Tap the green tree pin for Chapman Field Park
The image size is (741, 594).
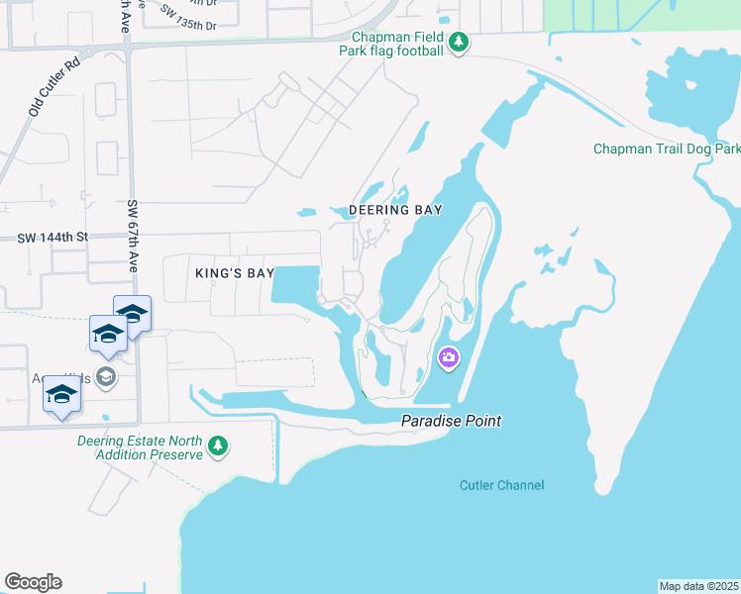tap(458, 43)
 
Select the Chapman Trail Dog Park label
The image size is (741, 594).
tap(667, 149)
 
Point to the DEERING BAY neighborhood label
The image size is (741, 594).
tap(395, 211)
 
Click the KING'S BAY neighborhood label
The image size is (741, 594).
tap(234, 272)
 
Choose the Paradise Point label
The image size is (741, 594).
tap(451, 421)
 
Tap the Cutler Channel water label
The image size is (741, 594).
tap(502, 485)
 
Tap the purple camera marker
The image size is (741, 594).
tap(449, 357)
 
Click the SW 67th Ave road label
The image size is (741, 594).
tap(132, 238)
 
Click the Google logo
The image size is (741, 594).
tap(33, 582)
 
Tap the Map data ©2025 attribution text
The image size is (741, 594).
tap(698, 586)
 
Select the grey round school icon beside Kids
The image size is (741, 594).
tap(107, 376)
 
